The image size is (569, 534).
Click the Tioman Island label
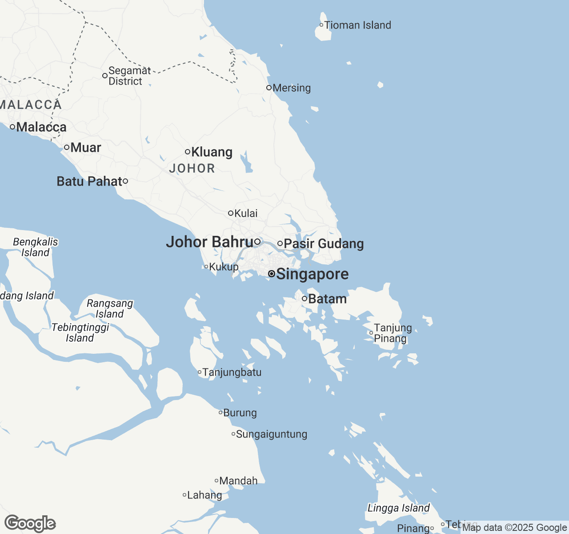coord(357,25)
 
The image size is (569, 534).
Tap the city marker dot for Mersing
coord(269,88)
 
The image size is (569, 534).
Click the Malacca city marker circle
coord(12,127)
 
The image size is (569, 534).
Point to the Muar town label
coord(86,147)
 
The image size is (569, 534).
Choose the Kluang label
coord(212,152)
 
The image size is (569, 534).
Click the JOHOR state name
coord(192,168)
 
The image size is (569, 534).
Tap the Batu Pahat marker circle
coord(125,181)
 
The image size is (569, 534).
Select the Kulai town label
coord(246,214)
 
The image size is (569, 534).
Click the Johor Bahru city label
coord(209,242)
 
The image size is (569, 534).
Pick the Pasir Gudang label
coord(324,244)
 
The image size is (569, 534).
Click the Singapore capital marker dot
coord(271,274)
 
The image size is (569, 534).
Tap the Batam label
coord(327,299)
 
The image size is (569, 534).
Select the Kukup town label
coord(224,267)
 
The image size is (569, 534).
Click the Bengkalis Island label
coord(36,247)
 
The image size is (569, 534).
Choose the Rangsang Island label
coord(110,309)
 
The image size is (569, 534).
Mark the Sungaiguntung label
coord(271,434)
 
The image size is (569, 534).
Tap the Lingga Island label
coord(399,508)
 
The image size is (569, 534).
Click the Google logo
coord(30,523)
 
